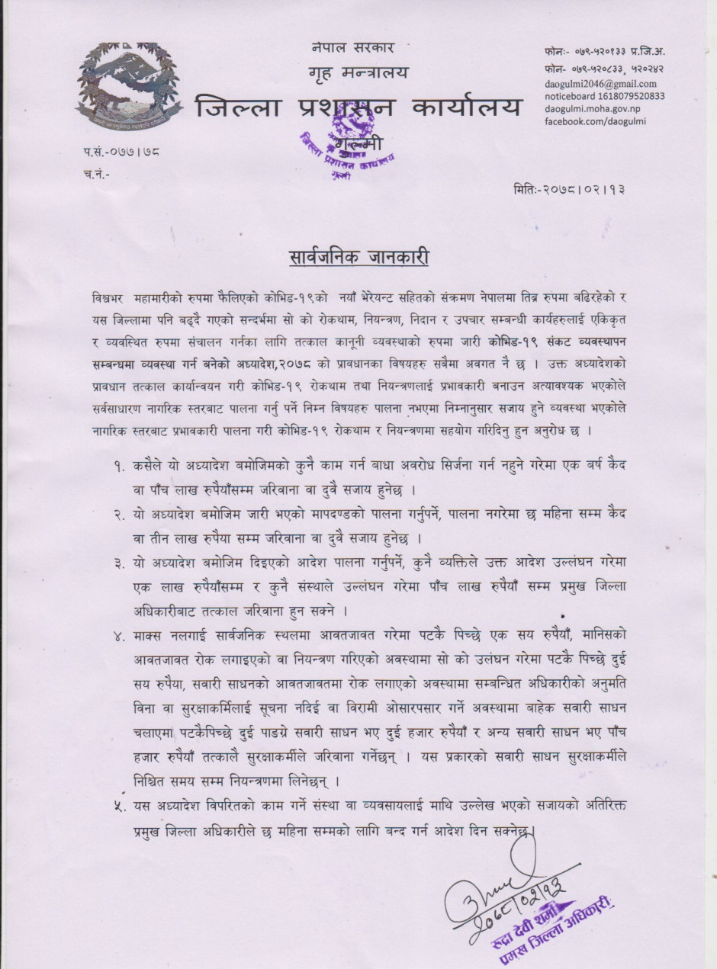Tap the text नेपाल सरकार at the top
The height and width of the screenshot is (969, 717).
[x=352, y=47]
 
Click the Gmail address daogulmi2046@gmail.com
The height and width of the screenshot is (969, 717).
[x=600, y=84]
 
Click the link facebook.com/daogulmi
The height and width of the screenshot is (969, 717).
[x=596, y=122]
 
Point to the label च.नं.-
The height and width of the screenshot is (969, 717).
[x=96, y=174]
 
